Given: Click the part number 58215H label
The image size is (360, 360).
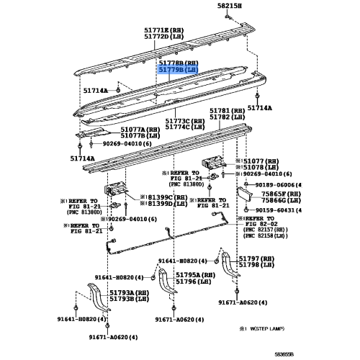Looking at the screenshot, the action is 230,6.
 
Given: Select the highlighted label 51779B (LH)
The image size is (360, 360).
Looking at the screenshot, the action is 179,70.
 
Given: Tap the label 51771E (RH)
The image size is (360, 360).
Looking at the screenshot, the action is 164,30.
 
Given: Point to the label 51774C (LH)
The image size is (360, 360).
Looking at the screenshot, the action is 185,127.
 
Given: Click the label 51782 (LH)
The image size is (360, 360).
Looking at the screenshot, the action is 228,117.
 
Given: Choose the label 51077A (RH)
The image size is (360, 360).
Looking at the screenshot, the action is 140,130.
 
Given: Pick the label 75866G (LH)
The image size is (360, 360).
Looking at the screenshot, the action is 281,200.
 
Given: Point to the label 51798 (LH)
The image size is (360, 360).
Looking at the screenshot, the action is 256,265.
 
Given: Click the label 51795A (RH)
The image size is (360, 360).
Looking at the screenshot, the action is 196,275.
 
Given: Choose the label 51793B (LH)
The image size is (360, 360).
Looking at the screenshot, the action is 130,299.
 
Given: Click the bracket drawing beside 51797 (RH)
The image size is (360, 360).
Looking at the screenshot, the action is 229,264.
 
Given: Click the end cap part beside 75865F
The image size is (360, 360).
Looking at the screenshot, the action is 244,194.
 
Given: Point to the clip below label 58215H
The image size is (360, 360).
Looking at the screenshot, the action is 228,17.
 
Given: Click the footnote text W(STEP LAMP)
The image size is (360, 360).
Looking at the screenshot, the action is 267,328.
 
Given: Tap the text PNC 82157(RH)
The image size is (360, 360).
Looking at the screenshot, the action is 266,230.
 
